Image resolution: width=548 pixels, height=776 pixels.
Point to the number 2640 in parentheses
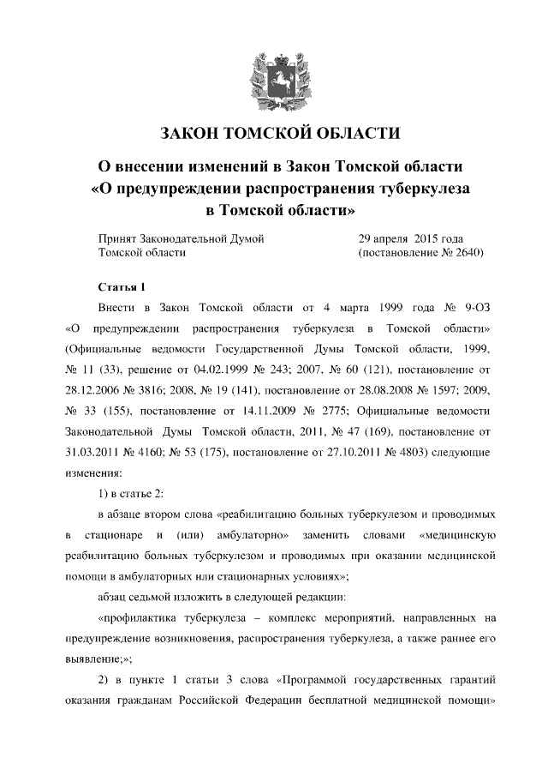pyautogui.click(x=468, y=253)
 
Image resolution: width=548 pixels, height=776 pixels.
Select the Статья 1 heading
pyautogui.click(x=122, y=286)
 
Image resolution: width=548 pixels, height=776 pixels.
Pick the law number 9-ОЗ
pyautogui.click(x=479, y=307)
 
